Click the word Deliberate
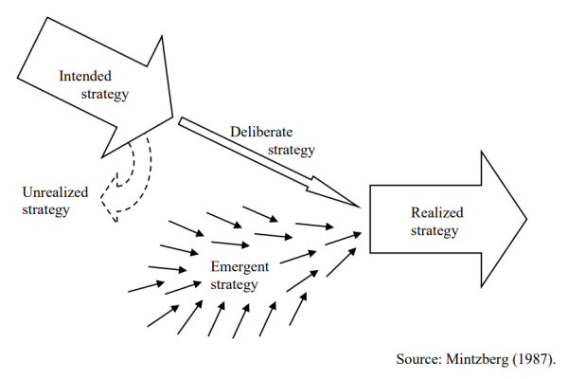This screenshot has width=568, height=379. click(x=261, y=132)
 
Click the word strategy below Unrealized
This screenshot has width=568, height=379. click(x=44, y=209)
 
